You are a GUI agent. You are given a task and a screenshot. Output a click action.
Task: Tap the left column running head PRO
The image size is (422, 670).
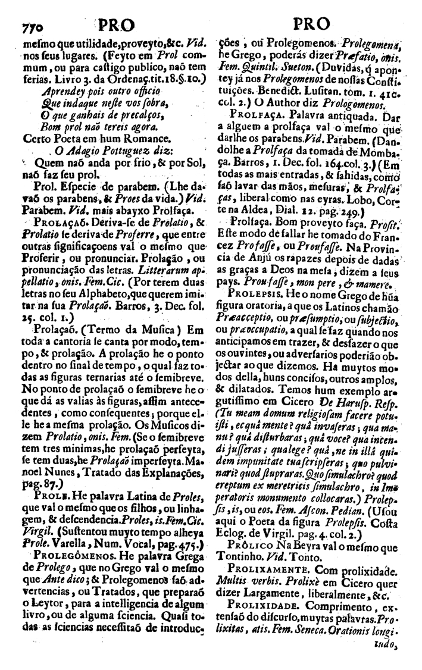(116, 25)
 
